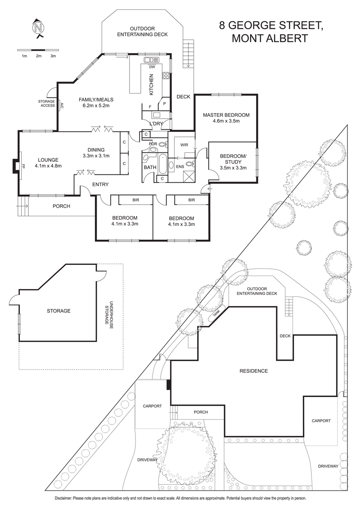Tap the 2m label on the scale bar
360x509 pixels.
(39, 56)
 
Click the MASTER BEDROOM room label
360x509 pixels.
(226, 115)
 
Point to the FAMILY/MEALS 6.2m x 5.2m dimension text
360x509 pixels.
(96, 106)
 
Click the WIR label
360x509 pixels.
(184, 145)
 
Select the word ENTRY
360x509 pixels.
(100, 184)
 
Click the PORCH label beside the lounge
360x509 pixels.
(61, 206)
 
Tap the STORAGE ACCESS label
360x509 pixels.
(46, 103)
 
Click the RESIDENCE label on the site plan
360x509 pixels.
(253, 371)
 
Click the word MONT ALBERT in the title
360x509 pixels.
(270, 39)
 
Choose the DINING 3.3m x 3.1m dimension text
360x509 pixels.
(97, 156)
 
